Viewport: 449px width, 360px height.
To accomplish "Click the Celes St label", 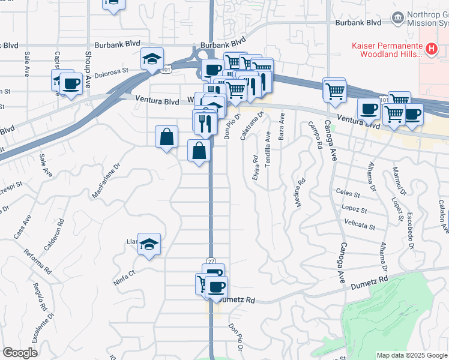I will coord(348,194).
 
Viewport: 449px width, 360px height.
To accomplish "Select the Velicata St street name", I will coord(360,227).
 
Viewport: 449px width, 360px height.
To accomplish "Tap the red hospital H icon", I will coord(430,48).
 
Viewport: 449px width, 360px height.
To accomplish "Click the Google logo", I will coord(20,353).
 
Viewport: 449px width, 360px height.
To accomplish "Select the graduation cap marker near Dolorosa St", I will coord(152,59).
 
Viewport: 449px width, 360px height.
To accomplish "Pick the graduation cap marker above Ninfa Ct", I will coord(149,244).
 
